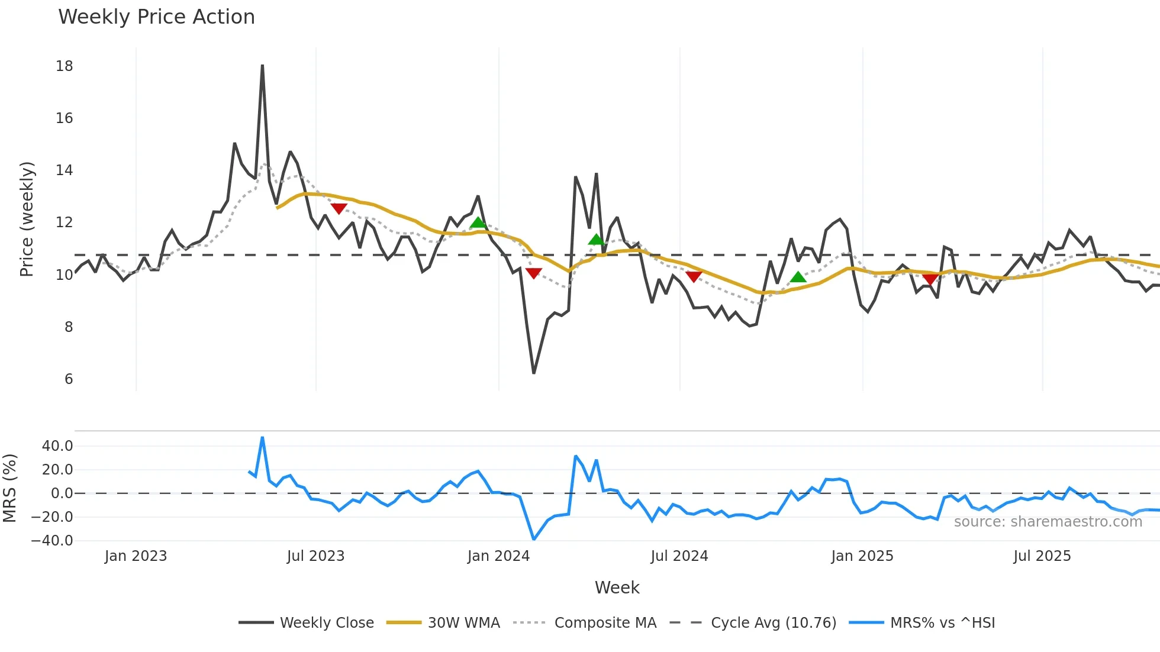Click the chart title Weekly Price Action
[x=156, y=17]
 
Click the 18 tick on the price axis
[x=65, y=66]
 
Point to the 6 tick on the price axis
[x=69, y=379]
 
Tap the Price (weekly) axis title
[x=27, y=219]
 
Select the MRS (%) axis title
[x=9, y=488]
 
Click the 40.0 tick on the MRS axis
[x=57, y=446]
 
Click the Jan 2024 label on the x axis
[x=498, y=556]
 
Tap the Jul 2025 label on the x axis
[x=1042, y=556]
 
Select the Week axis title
[x=617, y=588]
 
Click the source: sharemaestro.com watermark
[x=1048, y=522]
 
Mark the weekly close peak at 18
[x=262, y=66]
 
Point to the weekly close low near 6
[x=534, y=373]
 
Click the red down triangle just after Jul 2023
[x=339, y=208]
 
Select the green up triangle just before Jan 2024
[x=478, y=222]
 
